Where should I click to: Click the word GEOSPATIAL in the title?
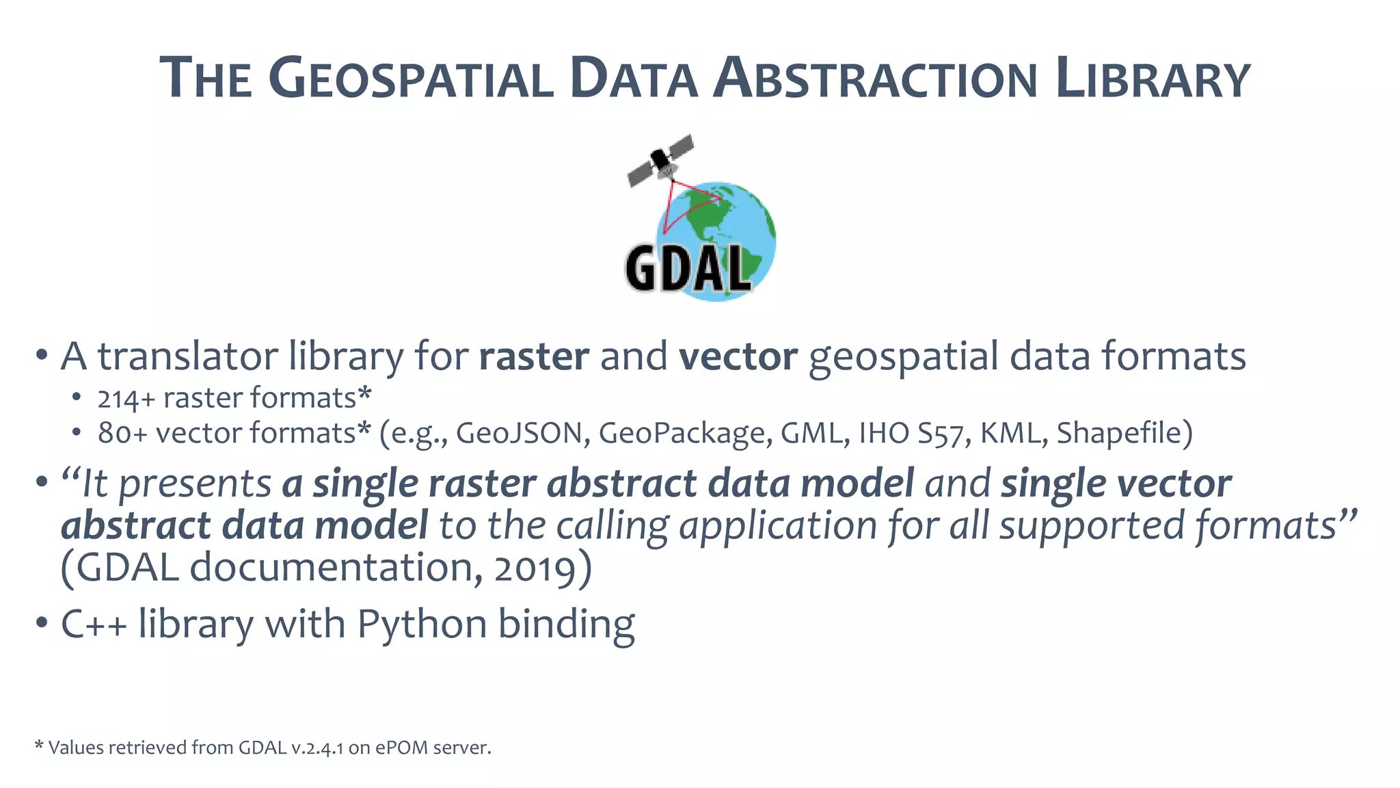tap(411, 79)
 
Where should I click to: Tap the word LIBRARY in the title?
tap(1153, 79)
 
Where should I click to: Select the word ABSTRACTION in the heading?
tap(876, 79)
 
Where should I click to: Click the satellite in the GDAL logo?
tap(660, 160)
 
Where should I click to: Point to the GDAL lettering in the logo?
tap(687, 268)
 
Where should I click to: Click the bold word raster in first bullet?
tap(534, 356)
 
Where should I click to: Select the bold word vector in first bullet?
tap(738, 356)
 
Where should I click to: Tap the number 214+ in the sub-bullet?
tap(126, 399)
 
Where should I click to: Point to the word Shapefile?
tap(1124, 433)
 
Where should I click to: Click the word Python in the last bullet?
tap(422, 625)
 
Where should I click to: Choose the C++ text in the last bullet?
tap(94, 625)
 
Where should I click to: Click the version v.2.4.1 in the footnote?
tap(317, 748)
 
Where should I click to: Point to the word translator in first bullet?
tap(187, 356)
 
